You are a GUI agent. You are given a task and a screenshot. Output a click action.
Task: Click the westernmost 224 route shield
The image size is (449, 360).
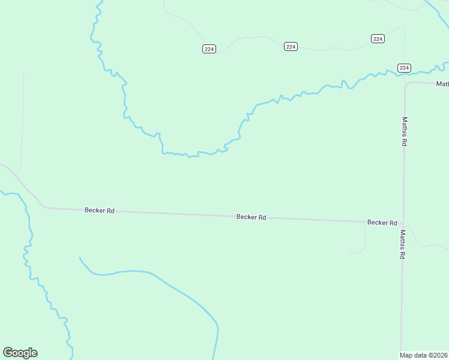209,49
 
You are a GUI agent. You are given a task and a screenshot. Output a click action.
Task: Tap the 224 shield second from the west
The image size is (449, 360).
291,47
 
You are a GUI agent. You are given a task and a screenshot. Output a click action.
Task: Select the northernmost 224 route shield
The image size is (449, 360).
378,38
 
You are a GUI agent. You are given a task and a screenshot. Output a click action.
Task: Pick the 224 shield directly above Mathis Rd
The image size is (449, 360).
404,68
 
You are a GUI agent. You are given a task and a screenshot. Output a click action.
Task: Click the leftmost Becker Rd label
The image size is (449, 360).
100,211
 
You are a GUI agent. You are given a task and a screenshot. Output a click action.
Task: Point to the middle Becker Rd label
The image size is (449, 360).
251,217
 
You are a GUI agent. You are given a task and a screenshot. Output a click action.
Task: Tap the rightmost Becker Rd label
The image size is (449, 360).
382,223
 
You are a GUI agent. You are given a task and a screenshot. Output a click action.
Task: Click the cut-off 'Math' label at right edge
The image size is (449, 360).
442,84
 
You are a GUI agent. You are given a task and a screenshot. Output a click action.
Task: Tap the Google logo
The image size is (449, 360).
20,353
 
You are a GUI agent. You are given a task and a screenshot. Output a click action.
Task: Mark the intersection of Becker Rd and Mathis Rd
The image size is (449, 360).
403,222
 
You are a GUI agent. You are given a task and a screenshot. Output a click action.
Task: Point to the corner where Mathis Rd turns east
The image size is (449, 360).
406,84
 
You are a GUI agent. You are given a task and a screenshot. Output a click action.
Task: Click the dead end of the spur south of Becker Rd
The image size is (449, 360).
349,253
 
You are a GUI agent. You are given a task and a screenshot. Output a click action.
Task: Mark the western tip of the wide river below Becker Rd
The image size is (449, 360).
80,258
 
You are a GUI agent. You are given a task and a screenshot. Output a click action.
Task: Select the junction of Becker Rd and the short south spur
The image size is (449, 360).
365,221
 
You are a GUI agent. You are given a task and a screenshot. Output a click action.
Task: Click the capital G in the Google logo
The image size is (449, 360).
7,353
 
